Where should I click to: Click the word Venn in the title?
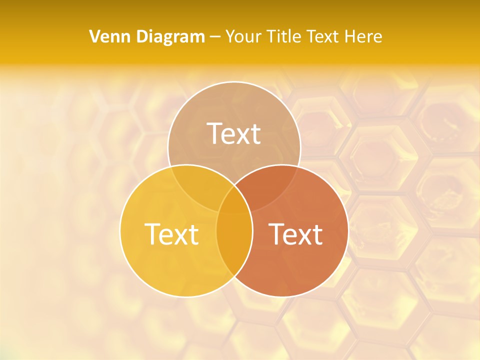106,36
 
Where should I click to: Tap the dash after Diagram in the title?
215,37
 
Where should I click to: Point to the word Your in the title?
242,36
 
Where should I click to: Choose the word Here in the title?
363,36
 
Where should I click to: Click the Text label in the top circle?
234,133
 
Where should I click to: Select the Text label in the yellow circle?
171,234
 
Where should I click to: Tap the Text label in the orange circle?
295,234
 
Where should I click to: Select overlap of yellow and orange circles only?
234,245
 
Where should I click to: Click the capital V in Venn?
94,36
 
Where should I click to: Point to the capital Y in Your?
230,36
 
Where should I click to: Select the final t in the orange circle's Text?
317,235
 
